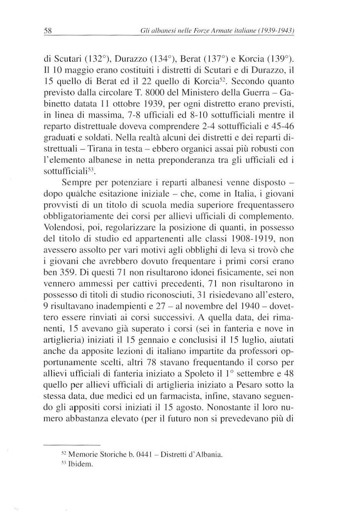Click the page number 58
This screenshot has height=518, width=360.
click(48, 31)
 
